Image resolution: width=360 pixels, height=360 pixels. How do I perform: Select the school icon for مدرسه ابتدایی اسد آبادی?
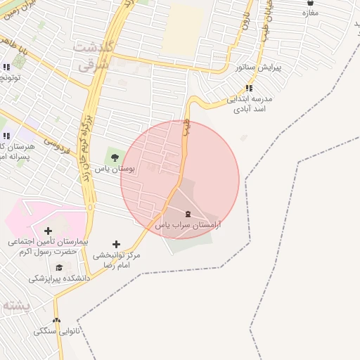click(249, 89)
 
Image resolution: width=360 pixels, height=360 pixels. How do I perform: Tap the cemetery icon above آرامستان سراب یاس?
click(187, 214)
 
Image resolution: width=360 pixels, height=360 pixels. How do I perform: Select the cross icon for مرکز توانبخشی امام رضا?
click(116, 243)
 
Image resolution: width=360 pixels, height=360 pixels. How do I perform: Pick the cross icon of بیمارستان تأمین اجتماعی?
click(48, 231)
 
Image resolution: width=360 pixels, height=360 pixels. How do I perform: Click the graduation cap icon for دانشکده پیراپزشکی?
click(60, 268)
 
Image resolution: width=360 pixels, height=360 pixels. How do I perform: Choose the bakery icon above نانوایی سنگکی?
click(56, 320)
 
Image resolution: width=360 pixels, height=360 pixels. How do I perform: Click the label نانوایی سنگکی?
click(56, 330)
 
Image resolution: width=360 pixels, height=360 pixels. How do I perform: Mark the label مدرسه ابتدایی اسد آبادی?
click(249, 105)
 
